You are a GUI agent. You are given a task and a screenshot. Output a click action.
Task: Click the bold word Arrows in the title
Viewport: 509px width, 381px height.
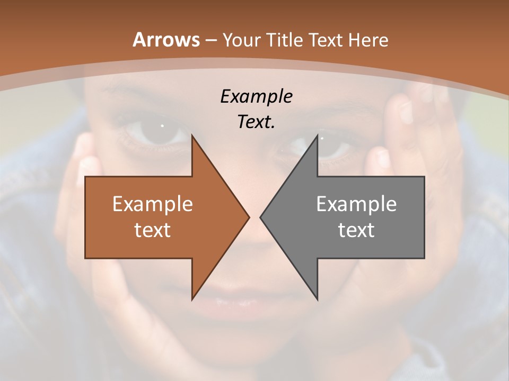tap(166, 40)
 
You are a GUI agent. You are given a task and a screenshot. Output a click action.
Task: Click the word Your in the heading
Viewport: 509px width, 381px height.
tap(241, 40)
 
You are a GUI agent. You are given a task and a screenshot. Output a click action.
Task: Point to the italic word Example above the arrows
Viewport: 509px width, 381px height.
tap(256, 96)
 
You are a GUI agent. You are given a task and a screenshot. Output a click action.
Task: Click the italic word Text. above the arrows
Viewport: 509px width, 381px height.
tap(256, 122)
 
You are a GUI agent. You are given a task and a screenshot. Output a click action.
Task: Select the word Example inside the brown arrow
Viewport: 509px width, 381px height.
tap(152, 204)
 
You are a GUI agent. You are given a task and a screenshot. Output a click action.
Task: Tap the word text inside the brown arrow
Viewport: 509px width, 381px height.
tap(152, 230)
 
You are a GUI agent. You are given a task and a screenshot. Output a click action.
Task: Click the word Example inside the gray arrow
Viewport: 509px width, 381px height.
tap(356, 204)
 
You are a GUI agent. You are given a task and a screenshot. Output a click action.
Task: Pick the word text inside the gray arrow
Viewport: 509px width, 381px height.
tap(356, 230)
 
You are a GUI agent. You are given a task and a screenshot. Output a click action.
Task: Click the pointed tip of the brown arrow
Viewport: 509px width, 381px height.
tap(249, 217)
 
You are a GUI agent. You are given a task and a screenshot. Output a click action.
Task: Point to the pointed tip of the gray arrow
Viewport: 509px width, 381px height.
tap(260, 217)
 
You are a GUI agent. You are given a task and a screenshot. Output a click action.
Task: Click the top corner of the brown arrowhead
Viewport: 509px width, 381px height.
tap(192, 135)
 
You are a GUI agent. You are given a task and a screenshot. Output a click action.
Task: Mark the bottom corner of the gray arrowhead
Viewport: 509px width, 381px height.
tap(317, 300)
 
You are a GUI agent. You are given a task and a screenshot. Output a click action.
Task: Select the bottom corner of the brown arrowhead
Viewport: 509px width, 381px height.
tap(192, 300)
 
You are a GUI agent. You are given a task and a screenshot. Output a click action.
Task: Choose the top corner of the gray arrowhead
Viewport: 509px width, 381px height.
tap(317, 135)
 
